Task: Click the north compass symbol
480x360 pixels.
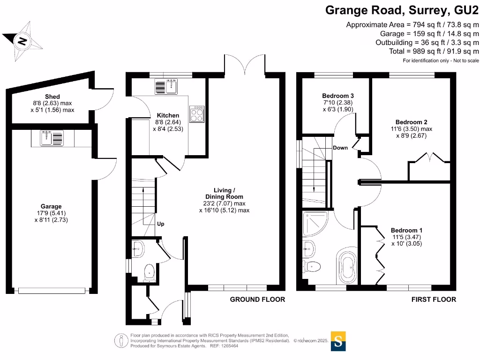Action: pyautogui.click(x=22, y=41)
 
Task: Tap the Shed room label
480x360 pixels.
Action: pyautogui.click(x=52, y=97)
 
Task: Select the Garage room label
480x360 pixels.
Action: pyautogui.click(x=51, y=206)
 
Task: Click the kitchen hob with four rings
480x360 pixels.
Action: pyautogui.click(x=196, y=113)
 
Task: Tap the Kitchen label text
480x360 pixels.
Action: pyautogui.click(x=168, y=115)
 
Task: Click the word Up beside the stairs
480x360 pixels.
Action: pyautogui.click(x=160, y=224)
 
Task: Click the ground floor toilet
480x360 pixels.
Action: pyautogui.click(x=149, y=272)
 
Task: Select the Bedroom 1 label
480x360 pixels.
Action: pyautogui.click(x=406, y=230)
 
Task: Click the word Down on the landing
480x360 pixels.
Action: pyautogui.click(x=340, y=148)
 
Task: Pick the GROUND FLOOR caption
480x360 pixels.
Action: pyautogui.click(x=257, y=300)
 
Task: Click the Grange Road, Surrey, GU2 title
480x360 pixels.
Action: pyautogui.click(x=402, y=10)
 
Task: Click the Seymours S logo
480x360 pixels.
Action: pyautogui.click(x=338, y=341)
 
